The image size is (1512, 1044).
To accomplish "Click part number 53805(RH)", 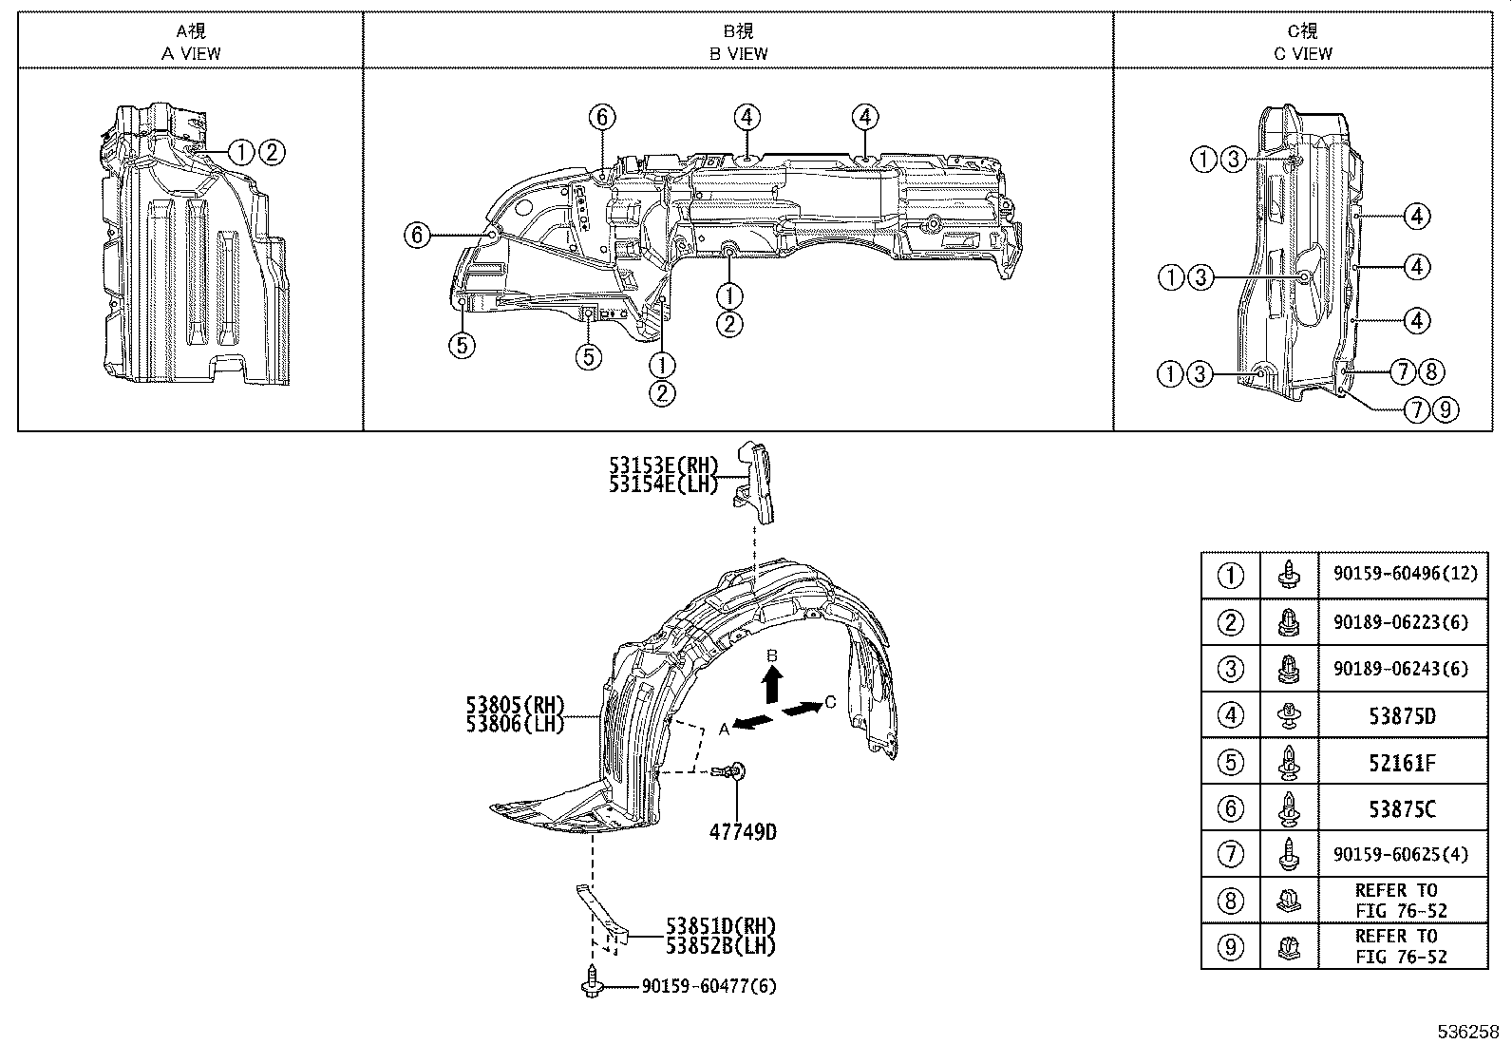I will [515, 706].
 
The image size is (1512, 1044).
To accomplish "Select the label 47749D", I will [742, 832].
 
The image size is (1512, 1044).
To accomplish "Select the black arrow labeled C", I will [801, 709].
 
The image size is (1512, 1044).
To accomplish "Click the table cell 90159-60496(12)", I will [1402, 575].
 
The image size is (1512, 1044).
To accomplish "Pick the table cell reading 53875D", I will [1402, 715].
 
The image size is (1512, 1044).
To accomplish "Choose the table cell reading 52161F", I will [1402, 762].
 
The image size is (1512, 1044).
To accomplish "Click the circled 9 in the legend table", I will [1230, 946].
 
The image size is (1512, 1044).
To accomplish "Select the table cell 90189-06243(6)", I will [1402, 668].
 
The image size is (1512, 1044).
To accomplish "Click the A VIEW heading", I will [191, 53].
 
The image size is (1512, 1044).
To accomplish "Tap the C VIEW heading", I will [1303, 53].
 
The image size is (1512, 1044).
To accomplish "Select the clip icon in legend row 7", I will [1289, 854].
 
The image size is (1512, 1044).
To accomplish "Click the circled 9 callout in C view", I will [1444, 410].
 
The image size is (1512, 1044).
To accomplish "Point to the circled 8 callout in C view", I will [1432, 372].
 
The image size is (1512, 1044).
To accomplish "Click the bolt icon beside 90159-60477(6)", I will [592, 981].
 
